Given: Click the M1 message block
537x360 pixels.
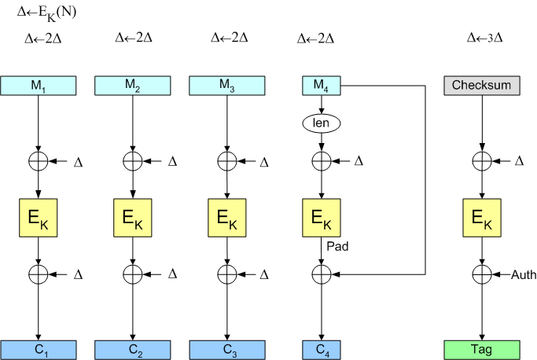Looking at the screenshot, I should [x=38, y=85].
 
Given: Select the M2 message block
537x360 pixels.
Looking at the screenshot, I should [x=132, y=85].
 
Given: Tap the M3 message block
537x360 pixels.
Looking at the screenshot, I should [x=226, y=85].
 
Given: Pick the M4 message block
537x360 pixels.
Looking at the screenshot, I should [x=321, y=85].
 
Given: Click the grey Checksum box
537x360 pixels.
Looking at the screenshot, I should [x=481, y=85].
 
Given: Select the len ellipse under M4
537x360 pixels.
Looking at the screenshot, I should [x=321, y=123].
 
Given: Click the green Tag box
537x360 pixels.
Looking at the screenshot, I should [x=481, y=349].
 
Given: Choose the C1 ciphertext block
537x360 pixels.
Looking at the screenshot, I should [x=38, y=349].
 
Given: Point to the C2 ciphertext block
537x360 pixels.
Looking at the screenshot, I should [x=132, y=349].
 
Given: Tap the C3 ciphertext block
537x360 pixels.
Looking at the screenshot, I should [x=226, y=349].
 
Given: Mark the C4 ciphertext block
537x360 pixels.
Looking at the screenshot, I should [x=321, y=349].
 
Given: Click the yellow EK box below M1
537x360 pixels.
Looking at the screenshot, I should [x=38, y=218].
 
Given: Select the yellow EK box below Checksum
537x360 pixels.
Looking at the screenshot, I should [x=481, y=218].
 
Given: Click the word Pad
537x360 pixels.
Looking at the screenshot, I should [x=338, y=246].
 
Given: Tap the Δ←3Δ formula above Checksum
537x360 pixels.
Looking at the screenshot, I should [x=484, y=37].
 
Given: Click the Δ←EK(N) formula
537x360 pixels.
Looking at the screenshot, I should [x=46, y=13].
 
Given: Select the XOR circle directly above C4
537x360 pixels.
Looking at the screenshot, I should [x=321, y=274].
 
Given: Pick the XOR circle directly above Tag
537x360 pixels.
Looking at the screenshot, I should [x=481, y=274].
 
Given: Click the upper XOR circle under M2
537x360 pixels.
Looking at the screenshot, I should [x=132, y=161].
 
